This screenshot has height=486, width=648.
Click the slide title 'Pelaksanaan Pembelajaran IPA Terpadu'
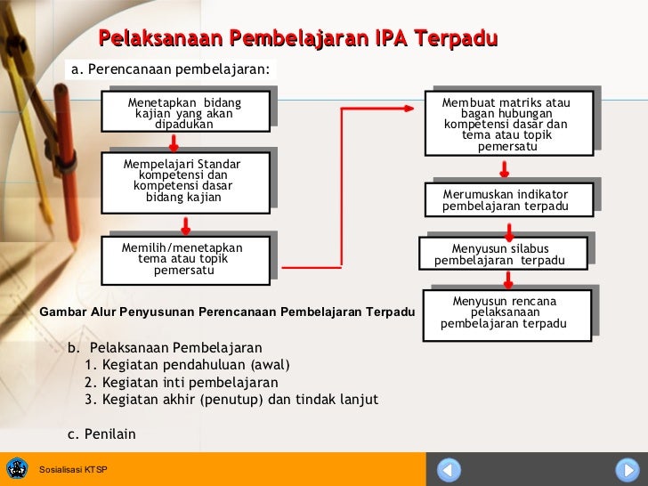[298, 39]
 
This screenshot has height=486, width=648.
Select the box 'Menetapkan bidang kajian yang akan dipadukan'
[184, 113]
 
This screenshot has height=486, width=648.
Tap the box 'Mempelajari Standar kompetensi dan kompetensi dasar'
[184, 182]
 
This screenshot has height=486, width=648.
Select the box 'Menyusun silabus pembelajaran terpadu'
[500, 254]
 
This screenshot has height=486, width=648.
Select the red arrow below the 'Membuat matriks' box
[505, 169]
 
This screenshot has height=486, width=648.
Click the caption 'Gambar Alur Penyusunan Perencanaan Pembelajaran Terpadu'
[228, 312]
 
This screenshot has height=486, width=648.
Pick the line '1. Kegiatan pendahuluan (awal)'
[187, 365]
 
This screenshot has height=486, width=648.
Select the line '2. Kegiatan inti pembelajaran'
[181, 382]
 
